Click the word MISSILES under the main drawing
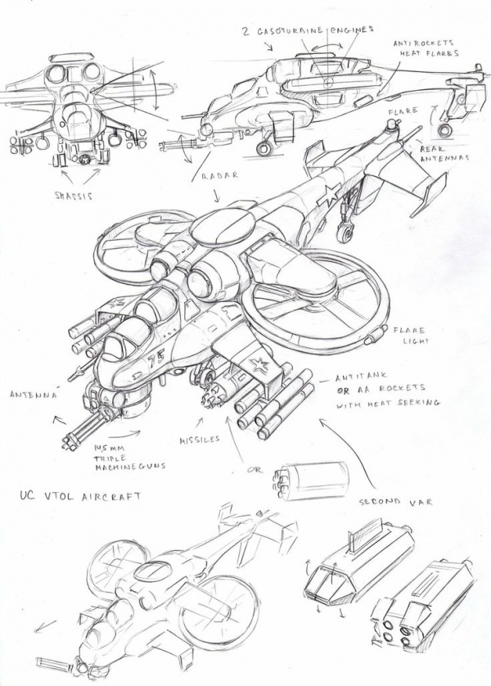(x=200, y=439)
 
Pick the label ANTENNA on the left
(x=33, y=395)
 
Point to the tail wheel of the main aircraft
(x=345, y=237)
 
